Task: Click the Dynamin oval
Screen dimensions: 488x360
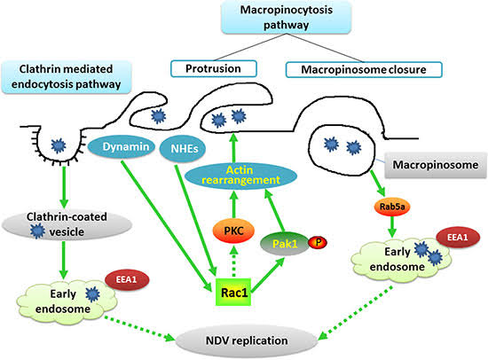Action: tap(122, 147)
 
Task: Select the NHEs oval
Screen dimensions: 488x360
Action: tap(183, 148)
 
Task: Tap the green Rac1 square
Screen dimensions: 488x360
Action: tap(233, 292)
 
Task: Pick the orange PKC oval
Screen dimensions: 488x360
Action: tap(233, 231)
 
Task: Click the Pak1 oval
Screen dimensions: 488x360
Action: tap(285, 243)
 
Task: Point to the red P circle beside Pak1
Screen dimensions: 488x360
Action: tap(318, 242)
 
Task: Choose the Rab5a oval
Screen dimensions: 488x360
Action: tap(392, 206)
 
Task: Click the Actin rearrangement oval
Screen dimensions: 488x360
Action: tap(240, 176)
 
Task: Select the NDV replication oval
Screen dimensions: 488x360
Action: tap(247, 340)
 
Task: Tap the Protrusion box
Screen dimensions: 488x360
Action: tap(214, 69)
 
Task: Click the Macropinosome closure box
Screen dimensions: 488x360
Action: tap(364, 69)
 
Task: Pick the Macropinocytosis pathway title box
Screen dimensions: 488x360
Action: tap(286, 17)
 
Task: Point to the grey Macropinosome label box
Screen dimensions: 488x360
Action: tap(436, 165)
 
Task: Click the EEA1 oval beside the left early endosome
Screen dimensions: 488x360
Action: tap(127, 279)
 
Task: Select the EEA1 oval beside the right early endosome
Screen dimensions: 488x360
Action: tap(458, 238)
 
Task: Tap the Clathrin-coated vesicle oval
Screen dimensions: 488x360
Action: tap(67, 224)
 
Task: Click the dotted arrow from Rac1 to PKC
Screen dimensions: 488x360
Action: tap(233, 261)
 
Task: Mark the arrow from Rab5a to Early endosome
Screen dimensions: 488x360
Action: tap(392, 227)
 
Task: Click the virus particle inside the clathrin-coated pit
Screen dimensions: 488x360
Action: tap(59, 145)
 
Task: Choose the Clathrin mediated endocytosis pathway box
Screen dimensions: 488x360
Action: tap(67, 76)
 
